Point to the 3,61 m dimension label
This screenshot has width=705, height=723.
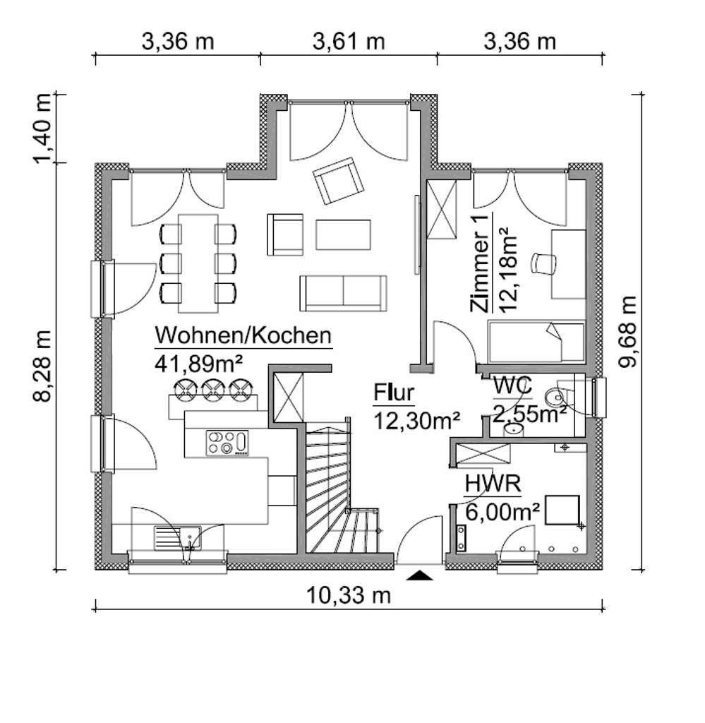(349, 42)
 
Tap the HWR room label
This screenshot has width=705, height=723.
(493, 484)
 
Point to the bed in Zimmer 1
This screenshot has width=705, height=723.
(536, 342)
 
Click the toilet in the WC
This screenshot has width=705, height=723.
(565, 395)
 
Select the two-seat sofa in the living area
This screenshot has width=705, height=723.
(343, 292)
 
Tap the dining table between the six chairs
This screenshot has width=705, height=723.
(198, 262)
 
